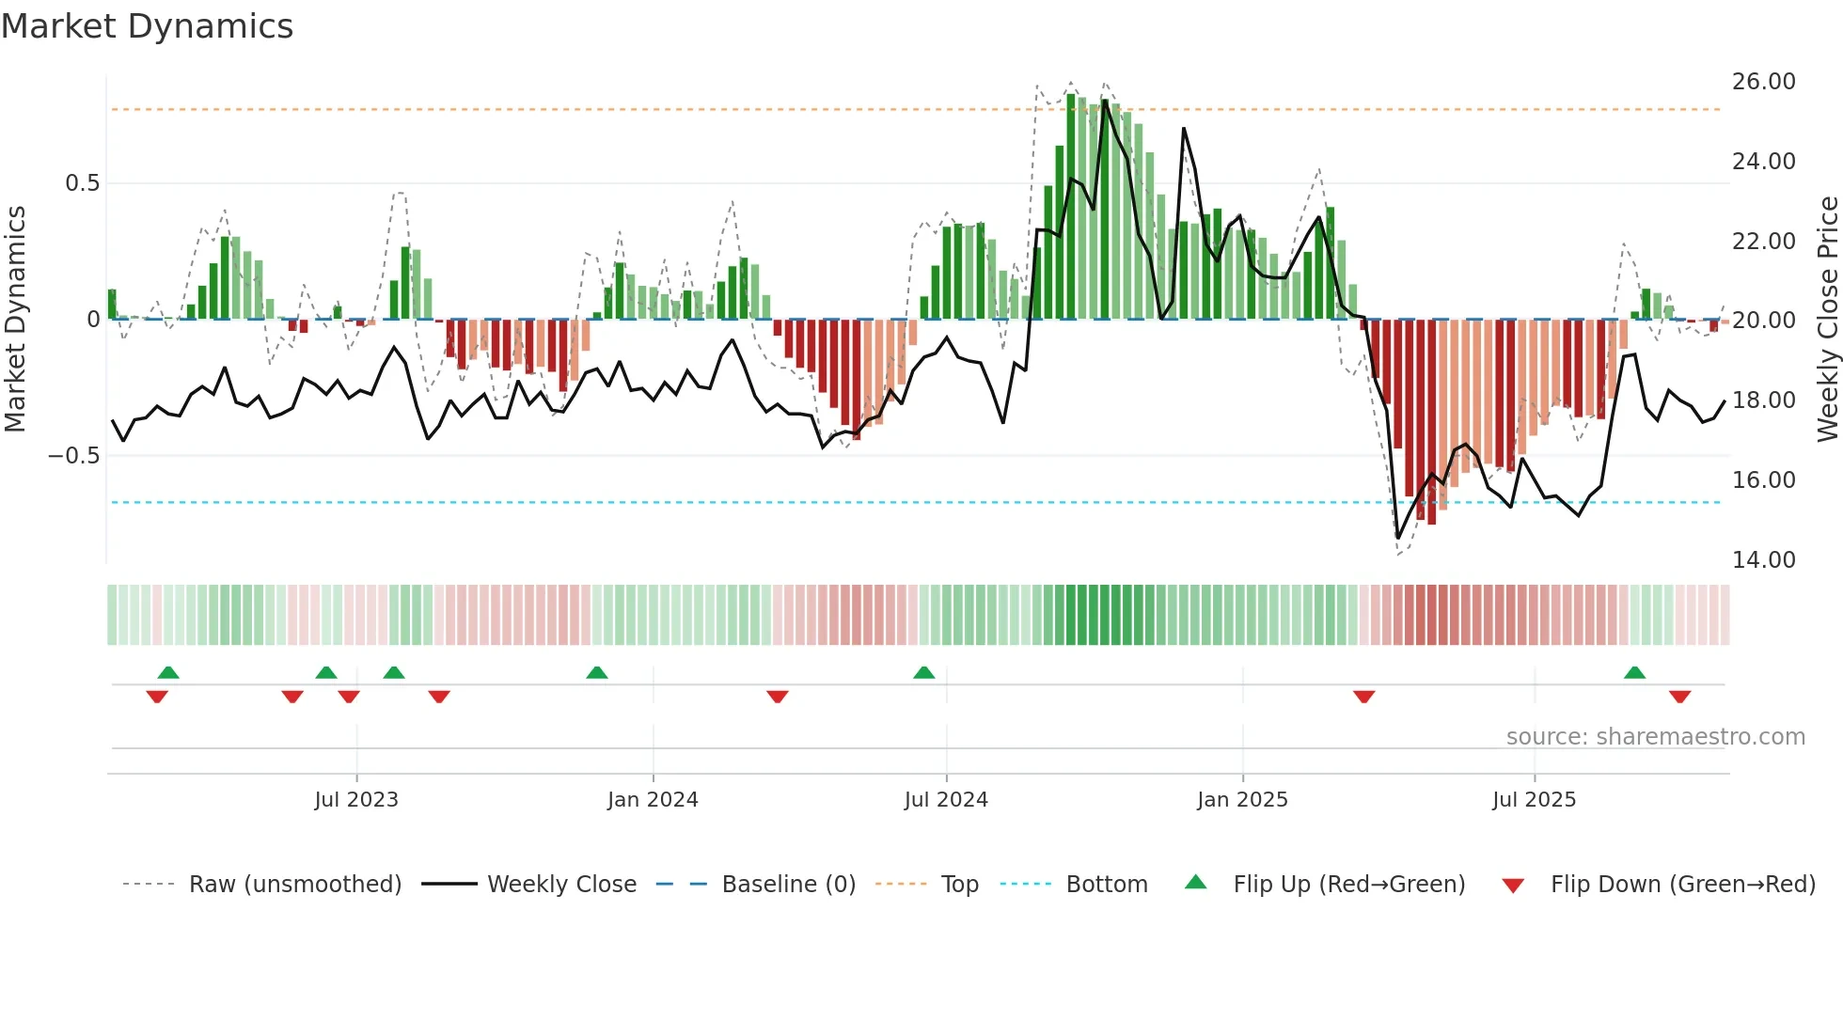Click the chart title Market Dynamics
click(x=148, y=26)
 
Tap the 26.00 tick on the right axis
click(x=1763, y=82)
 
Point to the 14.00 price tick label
click(x=1763, y=560)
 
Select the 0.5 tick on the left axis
click(x=83, y=183)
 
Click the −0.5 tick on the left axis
click(x=74, y=456)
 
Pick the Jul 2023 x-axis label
click(x=356, y=800)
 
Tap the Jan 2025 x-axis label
click(x=1242, y=800)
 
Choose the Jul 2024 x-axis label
click(x=946, y=800)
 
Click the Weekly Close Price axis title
click(x=1827, y=320)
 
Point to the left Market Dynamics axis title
click(x=15, y=320)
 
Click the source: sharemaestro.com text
click(x=1655, y=737)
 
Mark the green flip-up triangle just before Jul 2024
click(x=924, y=673)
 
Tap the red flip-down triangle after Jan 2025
click(x=1364, y=697)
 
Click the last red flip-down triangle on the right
click(x=1680, y=697)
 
